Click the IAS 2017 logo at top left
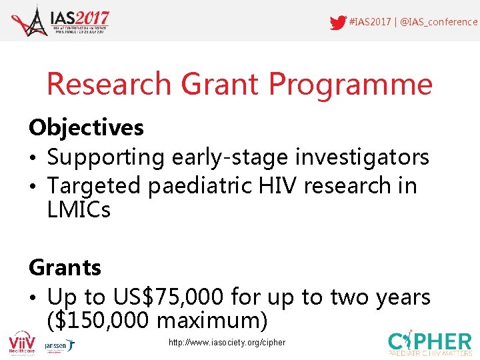tap(60, 21)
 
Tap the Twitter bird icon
tap(338, 22)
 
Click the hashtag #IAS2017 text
tap(370, 22)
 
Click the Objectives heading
tap(86, 127)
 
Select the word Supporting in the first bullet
tap(105, 157)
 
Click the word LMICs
tap(79, 211)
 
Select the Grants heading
tap(65, 267)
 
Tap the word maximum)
tap(212, 321)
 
